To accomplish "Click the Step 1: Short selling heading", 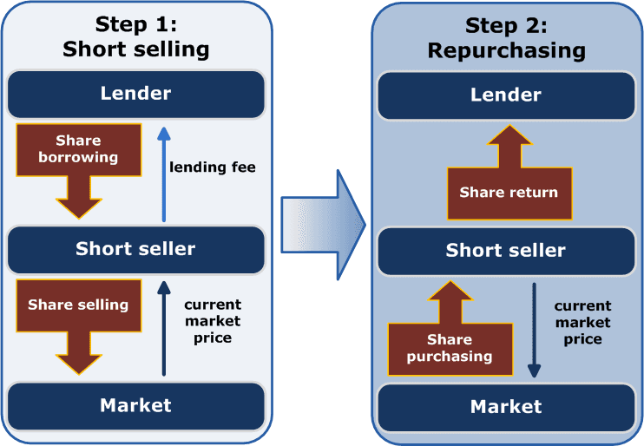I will click(135, 36).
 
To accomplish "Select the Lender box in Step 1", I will click(135, 94).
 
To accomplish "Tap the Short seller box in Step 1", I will click(135, 249).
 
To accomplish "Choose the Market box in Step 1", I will click(135, 404).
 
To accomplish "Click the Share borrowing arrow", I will click(78, 165).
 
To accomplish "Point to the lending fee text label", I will click(213, 167).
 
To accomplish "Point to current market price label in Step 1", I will click(213, 321).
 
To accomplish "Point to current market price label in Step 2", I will click(582, 322).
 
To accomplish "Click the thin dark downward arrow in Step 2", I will click(535, 330).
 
